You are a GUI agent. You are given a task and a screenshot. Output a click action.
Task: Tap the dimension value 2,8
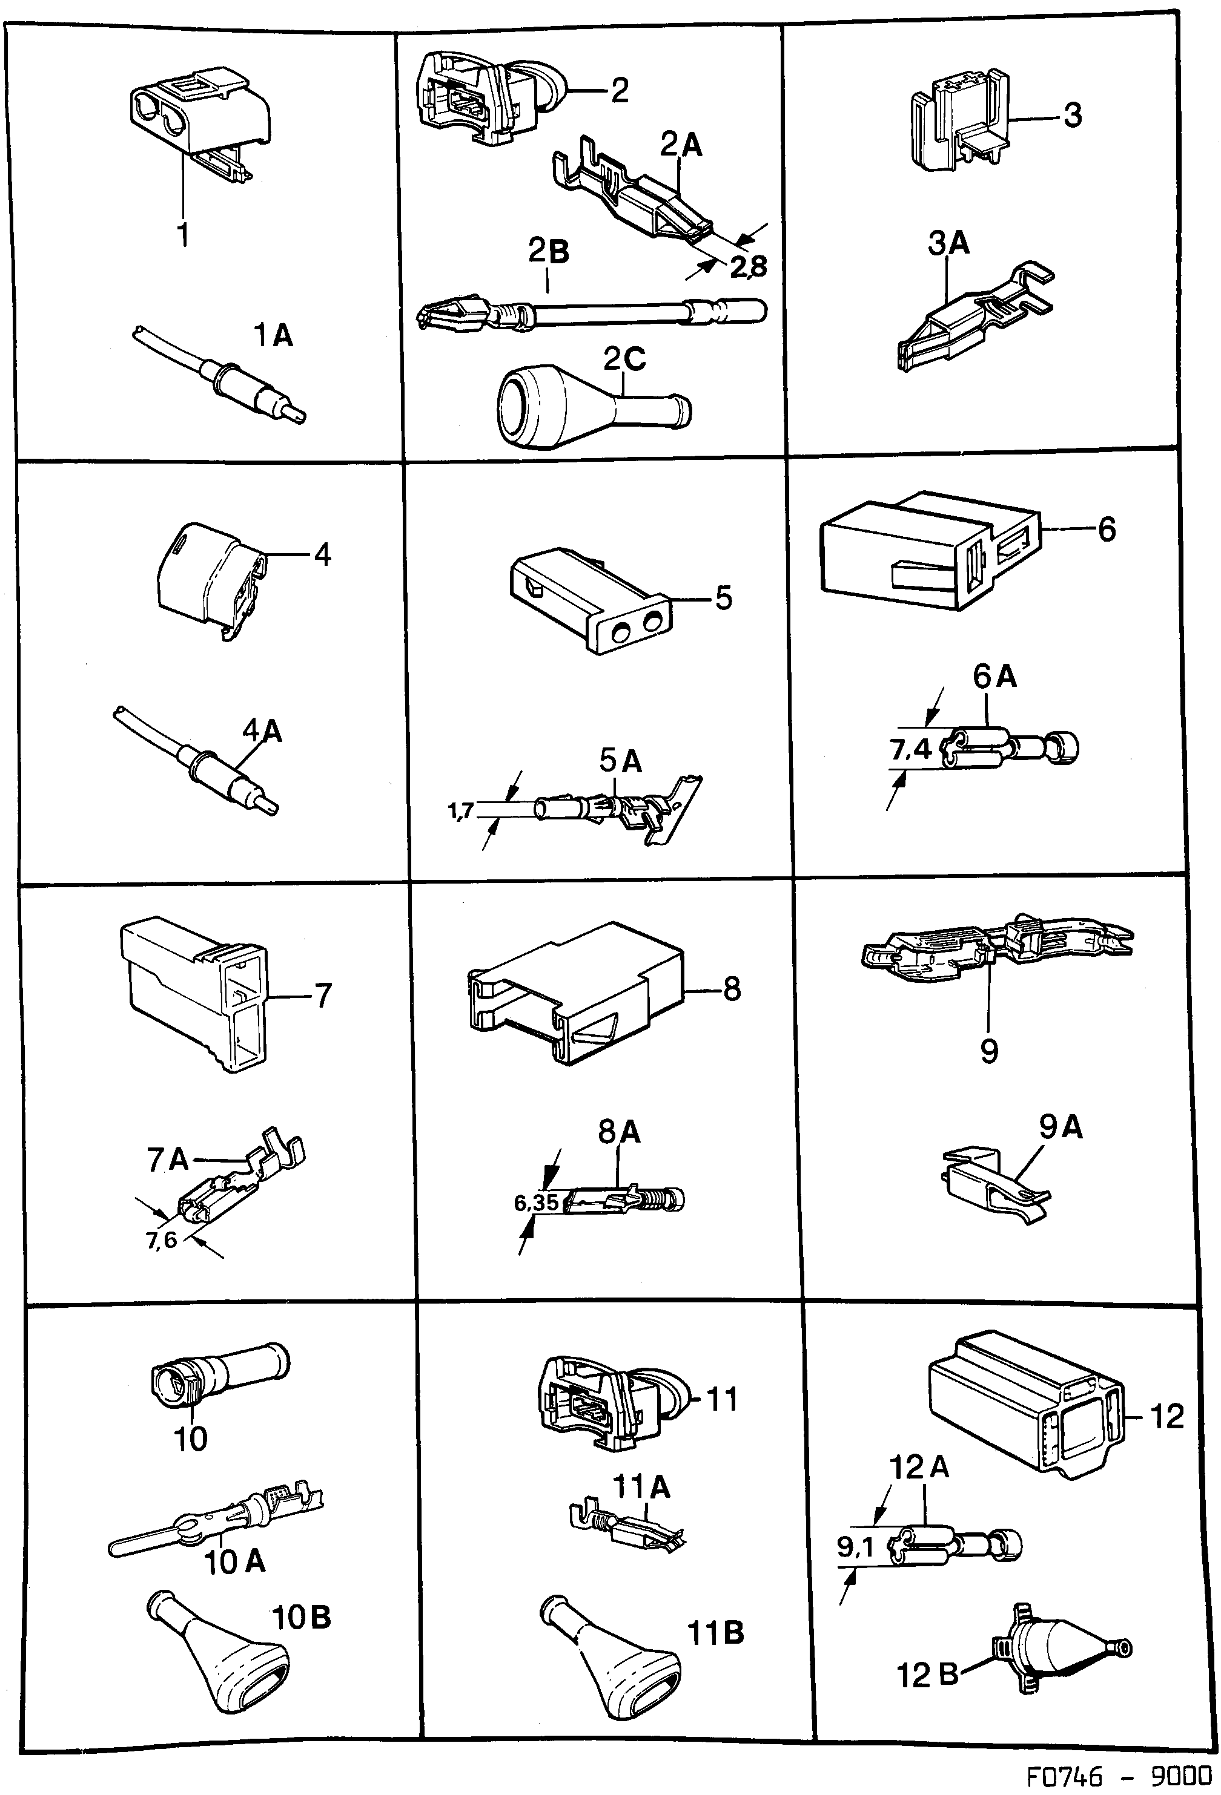point(748,266)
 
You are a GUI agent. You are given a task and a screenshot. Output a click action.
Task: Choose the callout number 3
point(1073,116)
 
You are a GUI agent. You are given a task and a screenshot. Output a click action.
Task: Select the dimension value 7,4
point(912,750)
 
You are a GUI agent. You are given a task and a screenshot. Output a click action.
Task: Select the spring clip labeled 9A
point(993,1190)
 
